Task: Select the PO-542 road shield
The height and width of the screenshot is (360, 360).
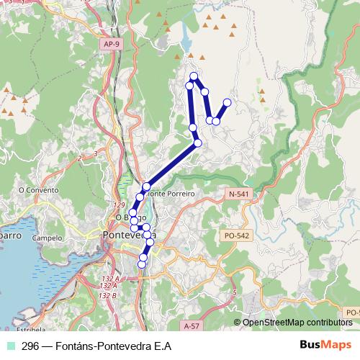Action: pyautogui.click(x=236, y=235)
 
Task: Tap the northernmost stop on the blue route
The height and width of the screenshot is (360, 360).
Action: pyautogui.click(x=193, y=76)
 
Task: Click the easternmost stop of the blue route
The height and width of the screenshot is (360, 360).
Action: pyautogui.click(x=228, y=102)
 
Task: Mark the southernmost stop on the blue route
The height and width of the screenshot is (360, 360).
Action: pyautogui.click(x=141, y=264)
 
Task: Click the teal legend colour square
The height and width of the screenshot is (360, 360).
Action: pyautogui.click(x=12, y=346)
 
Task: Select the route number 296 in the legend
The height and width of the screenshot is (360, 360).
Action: pyautogui.click(x=30, y=346)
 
